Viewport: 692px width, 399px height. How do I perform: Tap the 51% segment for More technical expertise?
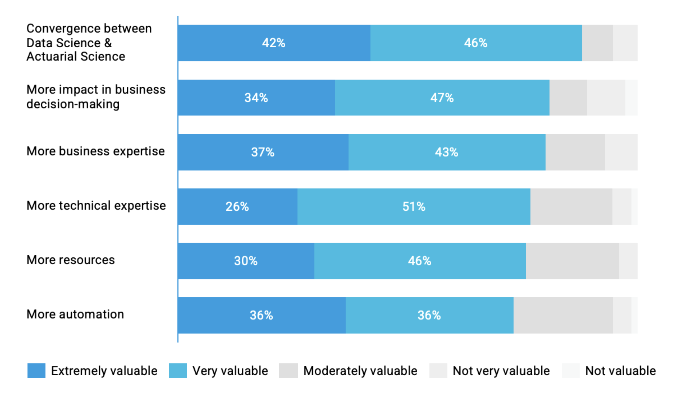[414, 207]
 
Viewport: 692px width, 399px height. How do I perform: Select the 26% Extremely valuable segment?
[237, 207]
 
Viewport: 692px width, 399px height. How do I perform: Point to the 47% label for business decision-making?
[442, 98]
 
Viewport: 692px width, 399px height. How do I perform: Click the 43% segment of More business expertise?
[446, 152]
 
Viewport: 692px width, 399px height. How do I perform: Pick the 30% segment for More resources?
[246, 261]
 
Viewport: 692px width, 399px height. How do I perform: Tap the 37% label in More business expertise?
[262, 152]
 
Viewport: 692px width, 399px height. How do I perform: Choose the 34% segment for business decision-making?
[256, 98]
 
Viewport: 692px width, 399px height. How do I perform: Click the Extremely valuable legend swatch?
[36, 370]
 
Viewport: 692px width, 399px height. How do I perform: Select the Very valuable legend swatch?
[178, 370]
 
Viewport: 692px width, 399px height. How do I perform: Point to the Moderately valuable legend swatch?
[288, 370]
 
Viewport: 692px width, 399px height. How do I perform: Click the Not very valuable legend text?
[501, 371]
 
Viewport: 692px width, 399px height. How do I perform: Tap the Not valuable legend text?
[620, 371]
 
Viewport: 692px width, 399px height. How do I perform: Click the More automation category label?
[75, 314]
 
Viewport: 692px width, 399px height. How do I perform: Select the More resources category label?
[71, 260]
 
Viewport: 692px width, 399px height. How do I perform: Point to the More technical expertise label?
[96, 205]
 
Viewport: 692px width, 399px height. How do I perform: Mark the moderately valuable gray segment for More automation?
[563, 315]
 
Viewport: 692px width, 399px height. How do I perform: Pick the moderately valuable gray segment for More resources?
[572, 261]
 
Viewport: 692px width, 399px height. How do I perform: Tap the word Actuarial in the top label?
[52, 57]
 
